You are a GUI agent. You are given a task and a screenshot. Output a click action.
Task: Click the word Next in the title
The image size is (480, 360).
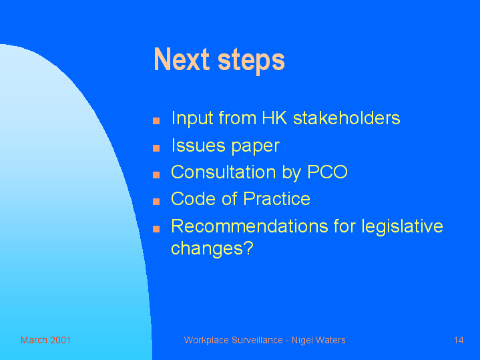[x=182, y=59]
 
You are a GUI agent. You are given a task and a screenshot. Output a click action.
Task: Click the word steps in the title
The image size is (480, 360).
[x=251, y=61]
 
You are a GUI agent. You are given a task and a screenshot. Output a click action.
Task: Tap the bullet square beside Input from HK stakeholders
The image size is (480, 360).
[x=156, y=121]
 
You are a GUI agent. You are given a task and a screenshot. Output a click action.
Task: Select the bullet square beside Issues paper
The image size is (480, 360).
[x=156, y=148]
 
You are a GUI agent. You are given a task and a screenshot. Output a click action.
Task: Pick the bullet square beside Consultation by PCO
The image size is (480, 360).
[x=156, y=174]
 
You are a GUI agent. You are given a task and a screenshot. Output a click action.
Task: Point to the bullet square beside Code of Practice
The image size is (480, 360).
[x=156, y=201]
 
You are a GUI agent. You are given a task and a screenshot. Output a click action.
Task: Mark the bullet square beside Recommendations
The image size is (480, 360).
[x=156, y=229]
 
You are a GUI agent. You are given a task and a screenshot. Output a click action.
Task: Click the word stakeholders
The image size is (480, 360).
[x=346, y=118]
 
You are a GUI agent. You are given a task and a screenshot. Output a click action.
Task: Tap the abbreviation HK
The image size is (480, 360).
[x=274, y=118]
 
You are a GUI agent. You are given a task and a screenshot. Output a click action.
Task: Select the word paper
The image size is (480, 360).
[x=255, y=146]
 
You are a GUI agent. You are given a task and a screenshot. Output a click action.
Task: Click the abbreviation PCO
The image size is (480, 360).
[x=327, y=172]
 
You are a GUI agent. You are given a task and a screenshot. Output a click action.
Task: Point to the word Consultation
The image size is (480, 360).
[x=224, y=172]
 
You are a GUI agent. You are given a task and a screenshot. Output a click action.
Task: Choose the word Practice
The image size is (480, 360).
[x=277, y=198]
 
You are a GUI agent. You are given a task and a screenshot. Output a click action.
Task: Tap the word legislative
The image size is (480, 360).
[x=403, y=226]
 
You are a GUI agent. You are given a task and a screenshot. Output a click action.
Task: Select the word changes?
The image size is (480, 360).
[x=212, y=248]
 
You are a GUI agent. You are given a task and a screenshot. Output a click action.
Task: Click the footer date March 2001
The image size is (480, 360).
[x=45, y=340]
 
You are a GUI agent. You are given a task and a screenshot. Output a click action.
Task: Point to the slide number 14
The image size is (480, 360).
[x=459, y=340]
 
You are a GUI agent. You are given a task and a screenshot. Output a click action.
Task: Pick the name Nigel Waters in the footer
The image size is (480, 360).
[x=318, y=340]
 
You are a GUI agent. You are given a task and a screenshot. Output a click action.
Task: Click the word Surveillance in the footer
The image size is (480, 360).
[x=257, y=340]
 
